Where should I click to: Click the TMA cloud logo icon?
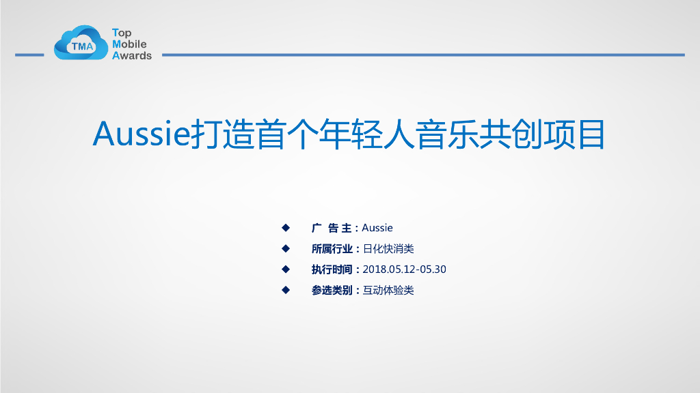[x=81, y=43]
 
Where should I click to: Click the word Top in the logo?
[x=122, y=33]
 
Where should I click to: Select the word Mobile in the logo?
[x=129, y=44]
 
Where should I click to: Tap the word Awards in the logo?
[x=132, y=56]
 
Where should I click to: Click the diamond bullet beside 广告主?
[x=286, y=227]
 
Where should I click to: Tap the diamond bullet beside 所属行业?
[x=286, y=248]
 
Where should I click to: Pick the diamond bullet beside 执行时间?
[x=286, y=269]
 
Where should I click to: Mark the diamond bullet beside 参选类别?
[x=286, y=290]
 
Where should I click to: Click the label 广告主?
[x=332, y=228]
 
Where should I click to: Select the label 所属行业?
[x=332, y=249]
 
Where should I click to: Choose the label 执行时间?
[x=332, y=270]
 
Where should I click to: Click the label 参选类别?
[x=332, y=291]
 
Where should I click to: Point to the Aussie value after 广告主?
[x=377, y=228]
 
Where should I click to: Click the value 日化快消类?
[x=388, y=249]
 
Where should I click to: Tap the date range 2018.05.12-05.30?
[x=404, y=270]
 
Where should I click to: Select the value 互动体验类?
[x=388, y=291]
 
